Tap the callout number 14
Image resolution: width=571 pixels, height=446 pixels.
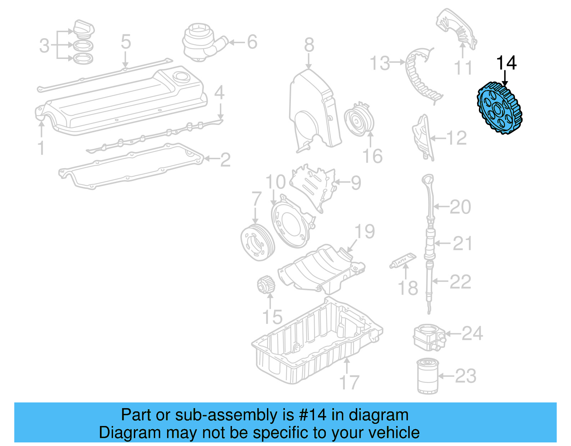(x=506, y=63)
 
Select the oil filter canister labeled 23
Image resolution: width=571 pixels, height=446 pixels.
(x=428, y=376)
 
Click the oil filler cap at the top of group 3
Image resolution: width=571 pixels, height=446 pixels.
(x=84, y=28)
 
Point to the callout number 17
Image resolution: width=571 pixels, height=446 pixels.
(x=349, y=382)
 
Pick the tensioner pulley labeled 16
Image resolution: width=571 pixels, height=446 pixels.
(x=359, y=120)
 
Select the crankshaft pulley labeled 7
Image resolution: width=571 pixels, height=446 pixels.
(x=257, y=243)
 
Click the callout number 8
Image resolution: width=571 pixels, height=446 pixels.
(x=309, y=45)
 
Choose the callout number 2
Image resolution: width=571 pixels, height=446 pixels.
(x=225, y=160)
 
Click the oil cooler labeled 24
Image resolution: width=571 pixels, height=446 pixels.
(x=429, y=337)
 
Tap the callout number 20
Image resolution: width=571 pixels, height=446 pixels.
(x=460, y=207)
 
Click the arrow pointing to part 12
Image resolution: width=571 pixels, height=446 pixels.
(x=438, y=138)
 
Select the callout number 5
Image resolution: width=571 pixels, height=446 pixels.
(x=126, y=42)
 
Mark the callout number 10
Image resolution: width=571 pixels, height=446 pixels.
(x=276, y=182)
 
